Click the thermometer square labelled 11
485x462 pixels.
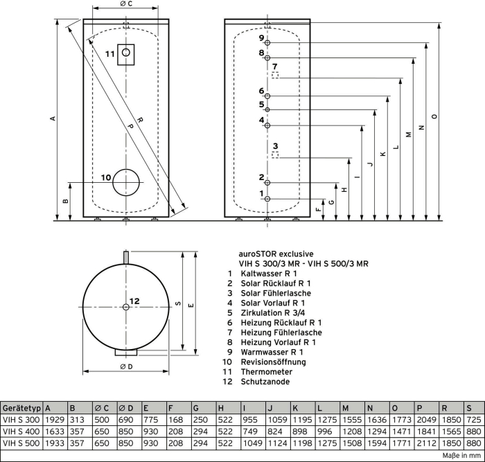[118, 55]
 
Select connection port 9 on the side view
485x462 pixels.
[267, 43]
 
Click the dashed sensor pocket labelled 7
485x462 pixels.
[275, 75]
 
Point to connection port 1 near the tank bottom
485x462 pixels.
[267, 199]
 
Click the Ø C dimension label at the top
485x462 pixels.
[126, 3]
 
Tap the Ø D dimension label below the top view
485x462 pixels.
[126, 366]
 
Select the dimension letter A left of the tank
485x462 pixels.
[53, 118]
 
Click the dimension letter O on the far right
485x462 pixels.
[435, 116]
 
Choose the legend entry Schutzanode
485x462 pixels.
[265, 382]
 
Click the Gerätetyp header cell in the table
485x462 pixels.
[21, 408]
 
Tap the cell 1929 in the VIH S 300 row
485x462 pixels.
[55, 420]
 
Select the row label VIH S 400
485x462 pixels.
[21, 432]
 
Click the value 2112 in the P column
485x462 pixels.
[426, 443]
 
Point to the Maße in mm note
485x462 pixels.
[461, 456]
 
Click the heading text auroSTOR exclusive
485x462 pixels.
[276, 254]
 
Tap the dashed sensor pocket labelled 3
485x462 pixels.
[275, 155]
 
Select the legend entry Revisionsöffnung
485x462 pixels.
[273, 362]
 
